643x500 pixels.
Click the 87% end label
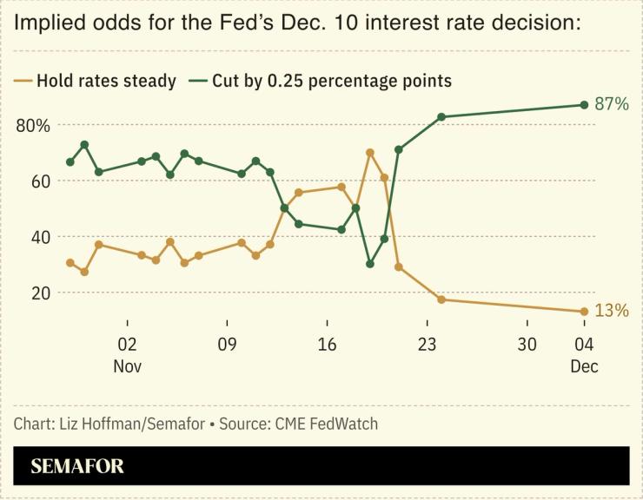[612, 104]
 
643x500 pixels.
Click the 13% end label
[612, 310]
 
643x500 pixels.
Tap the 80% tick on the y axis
[33, 125]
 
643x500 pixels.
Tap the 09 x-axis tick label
[227, 344]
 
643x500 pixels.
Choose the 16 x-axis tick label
[327, 344]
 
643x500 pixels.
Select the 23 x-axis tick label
[427, 344]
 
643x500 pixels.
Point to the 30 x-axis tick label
[527, 344]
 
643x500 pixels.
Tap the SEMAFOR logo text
[77, 466]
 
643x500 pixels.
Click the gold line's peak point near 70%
[370, 153]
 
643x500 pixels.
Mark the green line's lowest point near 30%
[370, 264]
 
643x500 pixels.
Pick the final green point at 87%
[584, 105]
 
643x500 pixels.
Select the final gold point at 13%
[584, 311]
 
